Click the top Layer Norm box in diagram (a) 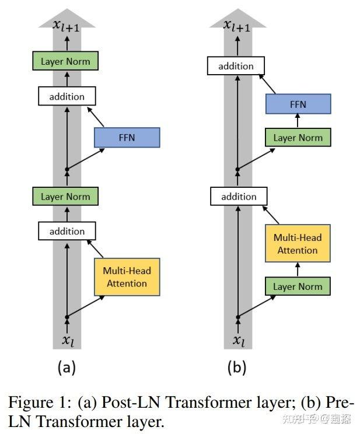coord(65,61)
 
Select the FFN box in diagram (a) coord(127,137)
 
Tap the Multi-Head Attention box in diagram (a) coord(127,276)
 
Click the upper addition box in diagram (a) coord(67,96)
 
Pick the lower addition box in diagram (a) coord(67,231)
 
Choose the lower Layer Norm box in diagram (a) coord(65,196)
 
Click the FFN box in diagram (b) coord(298,104)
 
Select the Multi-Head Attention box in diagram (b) coord(298,243)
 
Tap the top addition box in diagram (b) coord(236,65)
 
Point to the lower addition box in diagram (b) coord(239,196)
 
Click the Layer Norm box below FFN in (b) coord(298,137)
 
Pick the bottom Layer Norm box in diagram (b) coord(298,286)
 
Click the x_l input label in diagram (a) coord(68,340)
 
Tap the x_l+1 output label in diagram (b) coord(237,26)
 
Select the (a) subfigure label coord(67,367)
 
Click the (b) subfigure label coord(237,367)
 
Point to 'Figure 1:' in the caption coord(40,402)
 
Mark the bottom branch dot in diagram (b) coord(238,317)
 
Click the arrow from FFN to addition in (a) coord(96,117)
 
